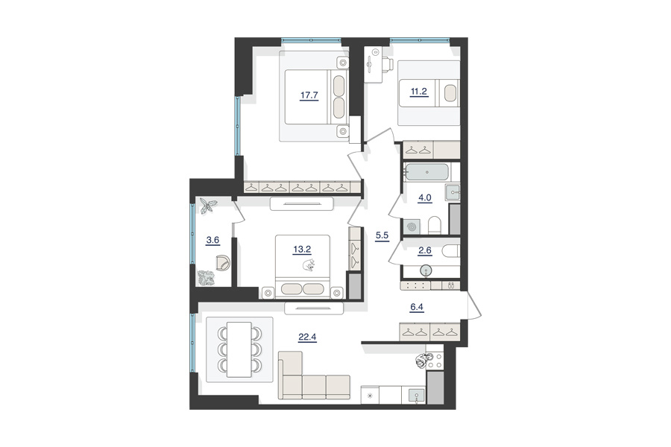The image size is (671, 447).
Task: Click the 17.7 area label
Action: click(x=309, y=95)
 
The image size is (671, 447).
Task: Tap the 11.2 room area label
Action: click(x=419, y=92)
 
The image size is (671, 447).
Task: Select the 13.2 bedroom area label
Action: click(x=302, y=250)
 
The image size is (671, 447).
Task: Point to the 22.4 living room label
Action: click(x=307, y=337)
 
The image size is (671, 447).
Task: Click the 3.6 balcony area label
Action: click(x=212, y=240)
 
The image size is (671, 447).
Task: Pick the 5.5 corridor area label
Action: click(x=382, y=235)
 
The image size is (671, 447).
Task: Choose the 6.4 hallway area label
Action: click(x=417, y=307)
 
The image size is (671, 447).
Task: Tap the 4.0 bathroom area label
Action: click(x=425, y=198)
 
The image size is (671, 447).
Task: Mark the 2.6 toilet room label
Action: click(x=425, y=250)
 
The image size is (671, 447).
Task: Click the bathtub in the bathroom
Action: click(x=427, y=172)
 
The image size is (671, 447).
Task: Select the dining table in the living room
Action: click(x=239, y=349)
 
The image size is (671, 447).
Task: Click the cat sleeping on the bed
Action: click(x=309, y=265)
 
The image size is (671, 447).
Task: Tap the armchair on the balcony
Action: click(x=223, y=262)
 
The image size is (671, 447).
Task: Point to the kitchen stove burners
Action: click(x=435, y=360)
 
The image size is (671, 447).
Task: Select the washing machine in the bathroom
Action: click(x=412, y=226)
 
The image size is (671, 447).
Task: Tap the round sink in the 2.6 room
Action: click(x=426, y=270)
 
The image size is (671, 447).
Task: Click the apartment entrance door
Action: click(x=474, y=305)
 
